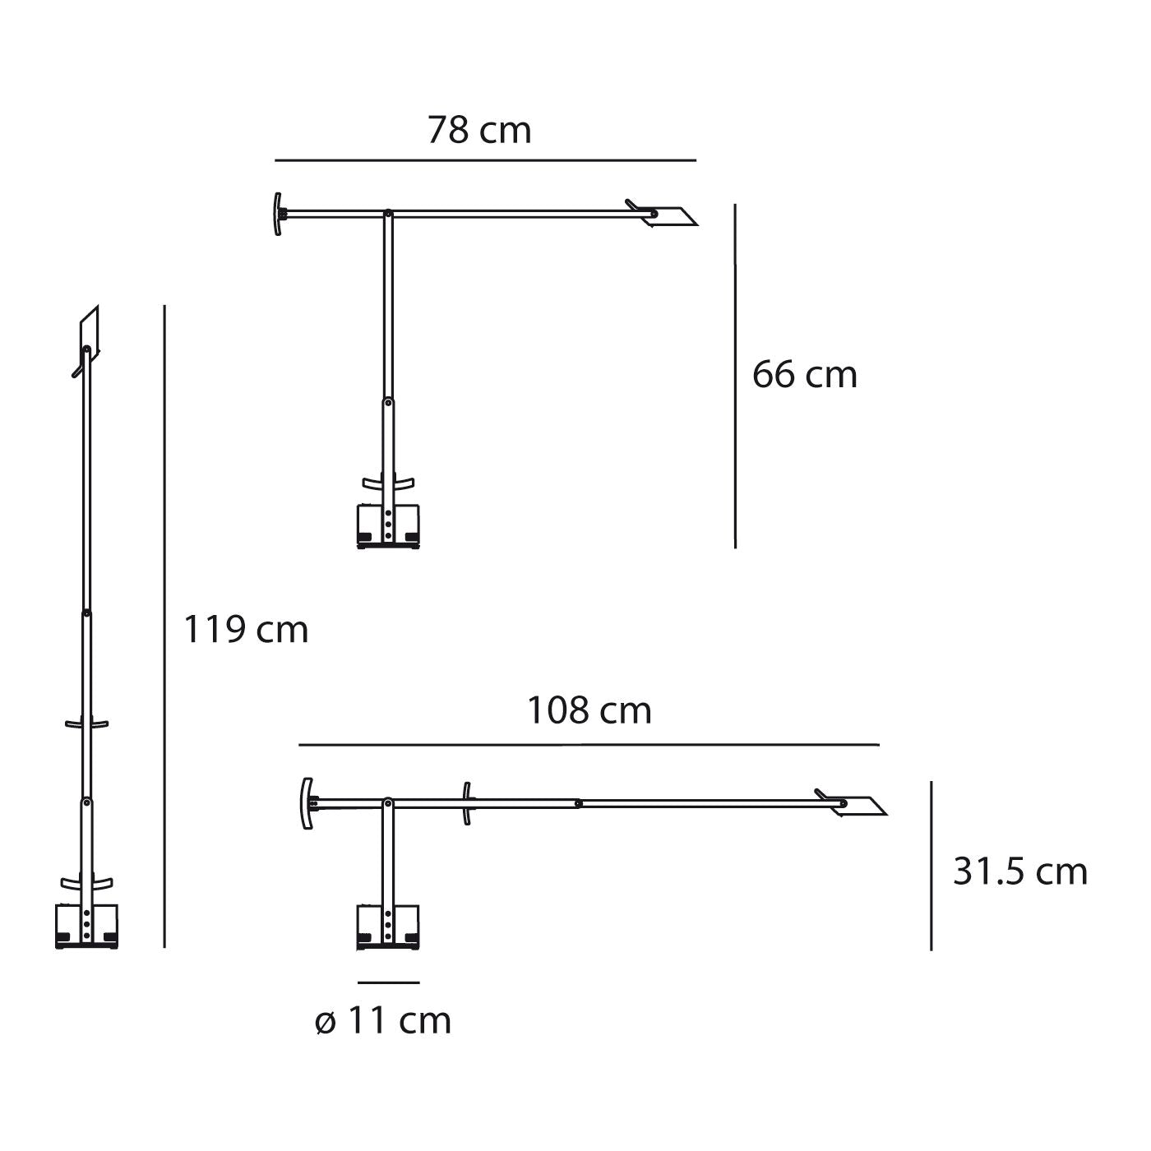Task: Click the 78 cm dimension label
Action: click(479, 131)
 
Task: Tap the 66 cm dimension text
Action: click(804, 375)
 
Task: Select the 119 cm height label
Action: click(245, 630)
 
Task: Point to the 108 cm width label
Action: click(589, 710)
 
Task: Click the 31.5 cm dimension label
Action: click(1019, 871)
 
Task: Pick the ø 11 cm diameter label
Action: click(383, 1021)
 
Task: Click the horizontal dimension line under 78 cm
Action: click(485, 159)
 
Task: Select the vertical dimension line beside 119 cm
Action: click(165, 625)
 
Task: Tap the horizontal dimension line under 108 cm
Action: click(589, 745)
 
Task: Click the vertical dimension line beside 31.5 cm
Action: click(931, 865)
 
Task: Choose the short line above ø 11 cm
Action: click(389, 982)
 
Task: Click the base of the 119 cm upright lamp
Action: click(86, 927)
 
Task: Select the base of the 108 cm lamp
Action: click(389, 927)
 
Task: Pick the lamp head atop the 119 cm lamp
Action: click(88, 332)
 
